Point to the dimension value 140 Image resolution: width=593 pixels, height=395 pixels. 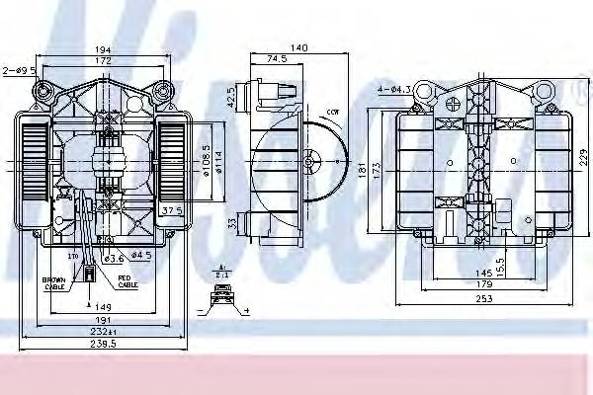(x=298, y=46)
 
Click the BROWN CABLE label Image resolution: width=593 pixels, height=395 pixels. (x=55, y=285)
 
